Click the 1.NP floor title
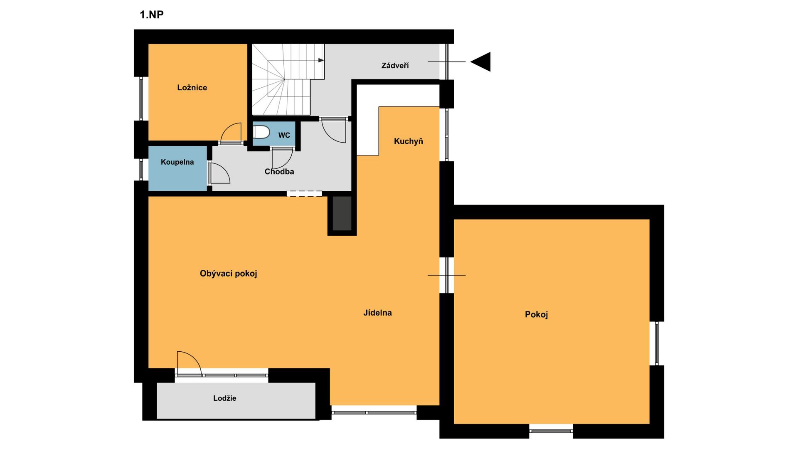(152, 15)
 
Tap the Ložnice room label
(192, 87)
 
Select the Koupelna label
(177, 162)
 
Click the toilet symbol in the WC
(261, 132)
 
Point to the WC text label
(284, 136)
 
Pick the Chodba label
(279, 172)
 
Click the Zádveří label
(395, 66)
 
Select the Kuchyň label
(409, 141)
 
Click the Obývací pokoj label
(229, 274)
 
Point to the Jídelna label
(377, 313)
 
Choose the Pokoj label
(537, 315)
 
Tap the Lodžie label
(225, 398)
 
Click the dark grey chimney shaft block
(342, 213)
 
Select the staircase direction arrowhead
(321, 60)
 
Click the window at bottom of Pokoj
(551, 431)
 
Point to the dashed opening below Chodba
(304, 193)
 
